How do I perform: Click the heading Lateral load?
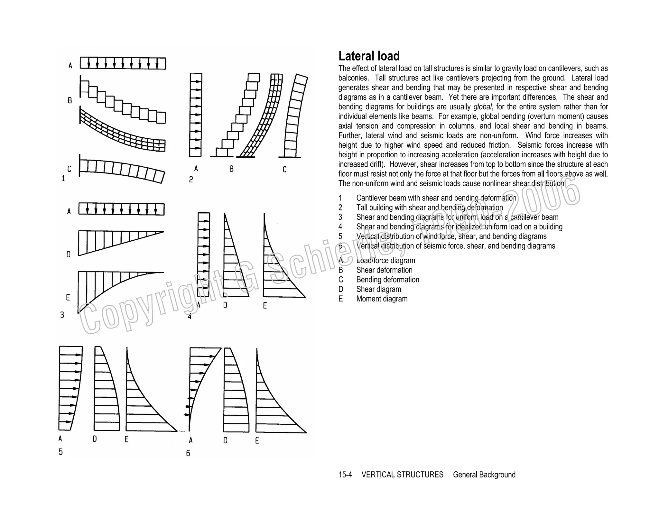tap(369, 56)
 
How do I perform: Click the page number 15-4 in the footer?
tap(345, 475)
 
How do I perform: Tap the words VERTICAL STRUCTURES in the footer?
tap(402, 475)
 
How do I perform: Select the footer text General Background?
tap(484, 475)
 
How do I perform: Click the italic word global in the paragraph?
tap(483, 107)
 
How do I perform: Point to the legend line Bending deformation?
tap(387, 280)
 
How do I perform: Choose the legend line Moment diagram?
tap(382, 299)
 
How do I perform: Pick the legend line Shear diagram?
tap(378, 289)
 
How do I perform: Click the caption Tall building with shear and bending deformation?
tap(429, 208)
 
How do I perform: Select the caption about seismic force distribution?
tap(455, 246)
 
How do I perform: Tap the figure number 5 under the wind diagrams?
tap(60, 452)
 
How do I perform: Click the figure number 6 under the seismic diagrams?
tap(188, 453)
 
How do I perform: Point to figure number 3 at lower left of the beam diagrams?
tap(62, 315)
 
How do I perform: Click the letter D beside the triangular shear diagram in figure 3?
tap(69, 254)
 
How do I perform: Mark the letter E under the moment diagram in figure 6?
tap(257, 441)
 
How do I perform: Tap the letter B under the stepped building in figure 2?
tap(231, 169)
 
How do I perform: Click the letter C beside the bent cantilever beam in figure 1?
tap(69, 169)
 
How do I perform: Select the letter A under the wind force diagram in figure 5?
tap(60, 439)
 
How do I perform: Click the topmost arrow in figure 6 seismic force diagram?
tap(211, 356)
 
